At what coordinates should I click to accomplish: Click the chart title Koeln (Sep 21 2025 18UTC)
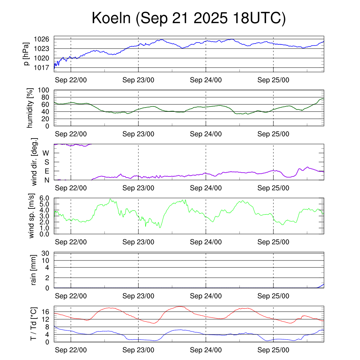point(188,18)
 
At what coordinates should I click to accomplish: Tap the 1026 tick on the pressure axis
point(44,39)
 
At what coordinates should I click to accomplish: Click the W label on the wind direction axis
point(46,153)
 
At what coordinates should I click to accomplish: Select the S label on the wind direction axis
point(46,162)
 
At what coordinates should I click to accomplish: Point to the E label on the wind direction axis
point(46,171)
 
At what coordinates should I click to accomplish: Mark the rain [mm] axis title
point(33,270)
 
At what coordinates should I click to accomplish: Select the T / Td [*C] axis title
point(33,324)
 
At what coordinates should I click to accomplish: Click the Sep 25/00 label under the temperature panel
point(273,350)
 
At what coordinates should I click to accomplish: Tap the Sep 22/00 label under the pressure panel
point(71,80)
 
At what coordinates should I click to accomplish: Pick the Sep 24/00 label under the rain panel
point(206,296)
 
